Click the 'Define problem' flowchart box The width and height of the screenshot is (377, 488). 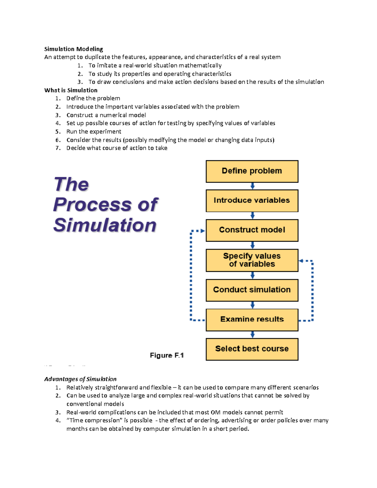[x=252, y=171]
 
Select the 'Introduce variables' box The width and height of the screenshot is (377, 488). [x=252, y=200]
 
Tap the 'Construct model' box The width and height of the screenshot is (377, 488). [x=252, y=230]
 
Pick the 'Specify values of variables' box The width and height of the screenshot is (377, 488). [x=252, y=260]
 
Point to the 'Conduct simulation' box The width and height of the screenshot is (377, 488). [x=252, y=290]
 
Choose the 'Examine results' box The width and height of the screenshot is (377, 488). [x=252, y=320]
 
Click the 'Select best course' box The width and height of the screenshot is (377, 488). [x=252, y=349]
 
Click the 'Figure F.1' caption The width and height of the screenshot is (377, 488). [x=167, y=355]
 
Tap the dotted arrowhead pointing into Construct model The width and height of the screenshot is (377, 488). [x=203, y=231]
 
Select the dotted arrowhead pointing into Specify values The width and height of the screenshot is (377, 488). [x=301, y=261]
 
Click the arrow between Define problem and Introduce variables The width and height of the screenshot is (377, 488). [x=252, y=186]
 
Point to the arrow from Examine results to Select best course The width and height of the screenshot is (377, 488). [x=252, y=335]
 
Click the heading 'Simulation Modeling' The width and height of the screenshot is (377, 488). [x=74, y=49]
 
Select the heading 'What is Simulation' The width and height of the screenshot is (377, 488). [x=71, y=90]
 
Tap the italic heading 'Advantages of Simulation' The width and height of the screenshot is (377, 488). [x=80, y=379]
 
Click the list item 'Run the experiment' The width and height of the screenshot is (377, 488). [x=94, y=132]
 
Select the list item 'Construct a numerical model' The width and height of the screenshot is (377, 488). [x=106, y=115]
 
